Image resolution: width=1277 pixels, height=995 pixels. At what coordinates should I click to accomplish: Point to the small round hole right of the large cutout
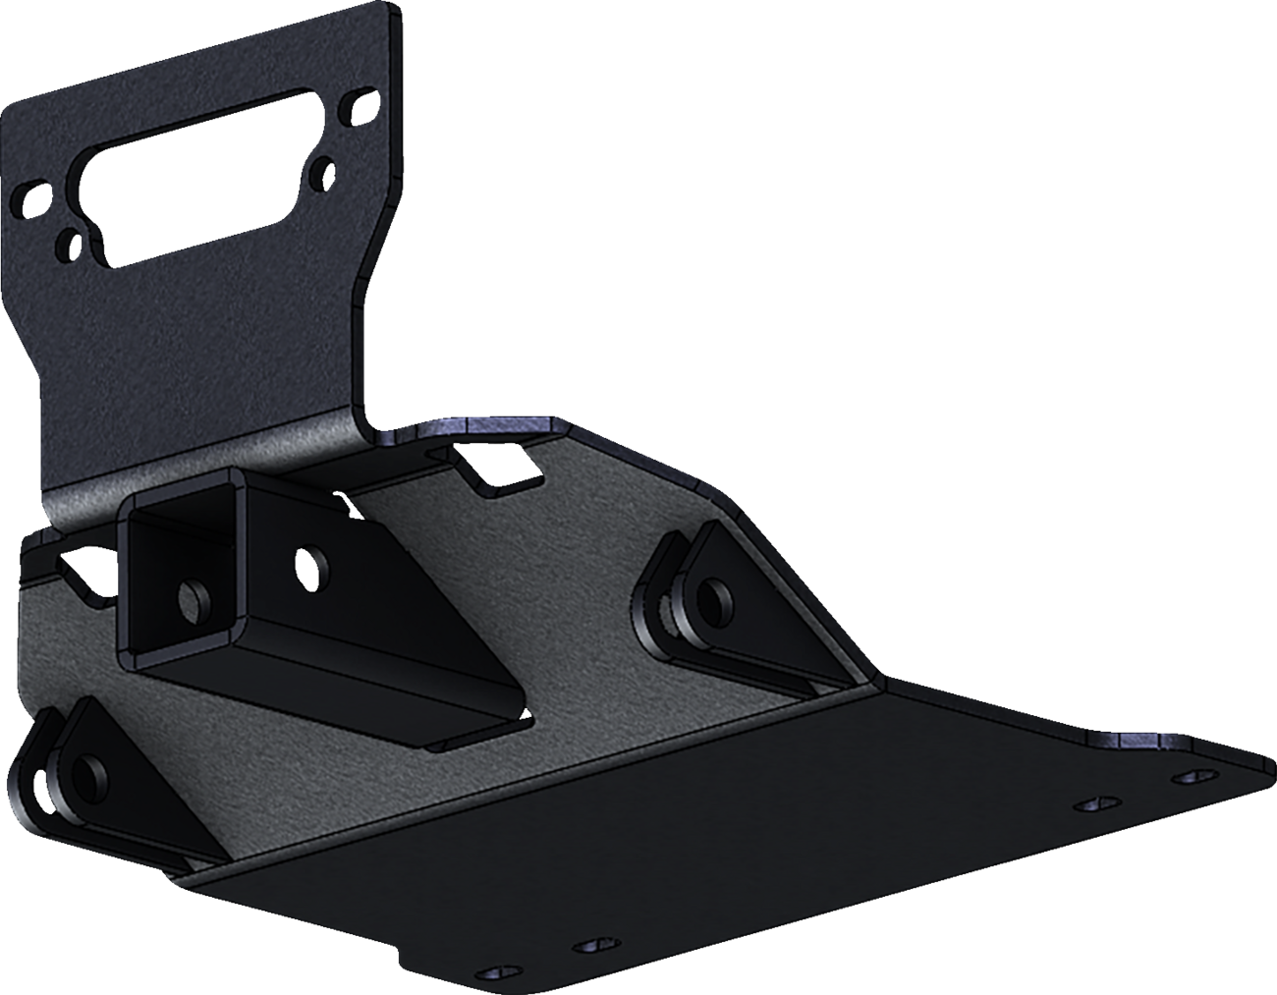coord(319,174)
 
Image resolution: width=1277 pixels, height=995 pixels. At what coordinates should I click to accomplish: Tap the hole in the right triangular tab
coord(717,596)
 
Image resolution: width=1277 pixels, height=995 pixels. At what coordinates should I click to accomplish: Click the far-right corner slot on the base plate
coord(1193,777)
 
